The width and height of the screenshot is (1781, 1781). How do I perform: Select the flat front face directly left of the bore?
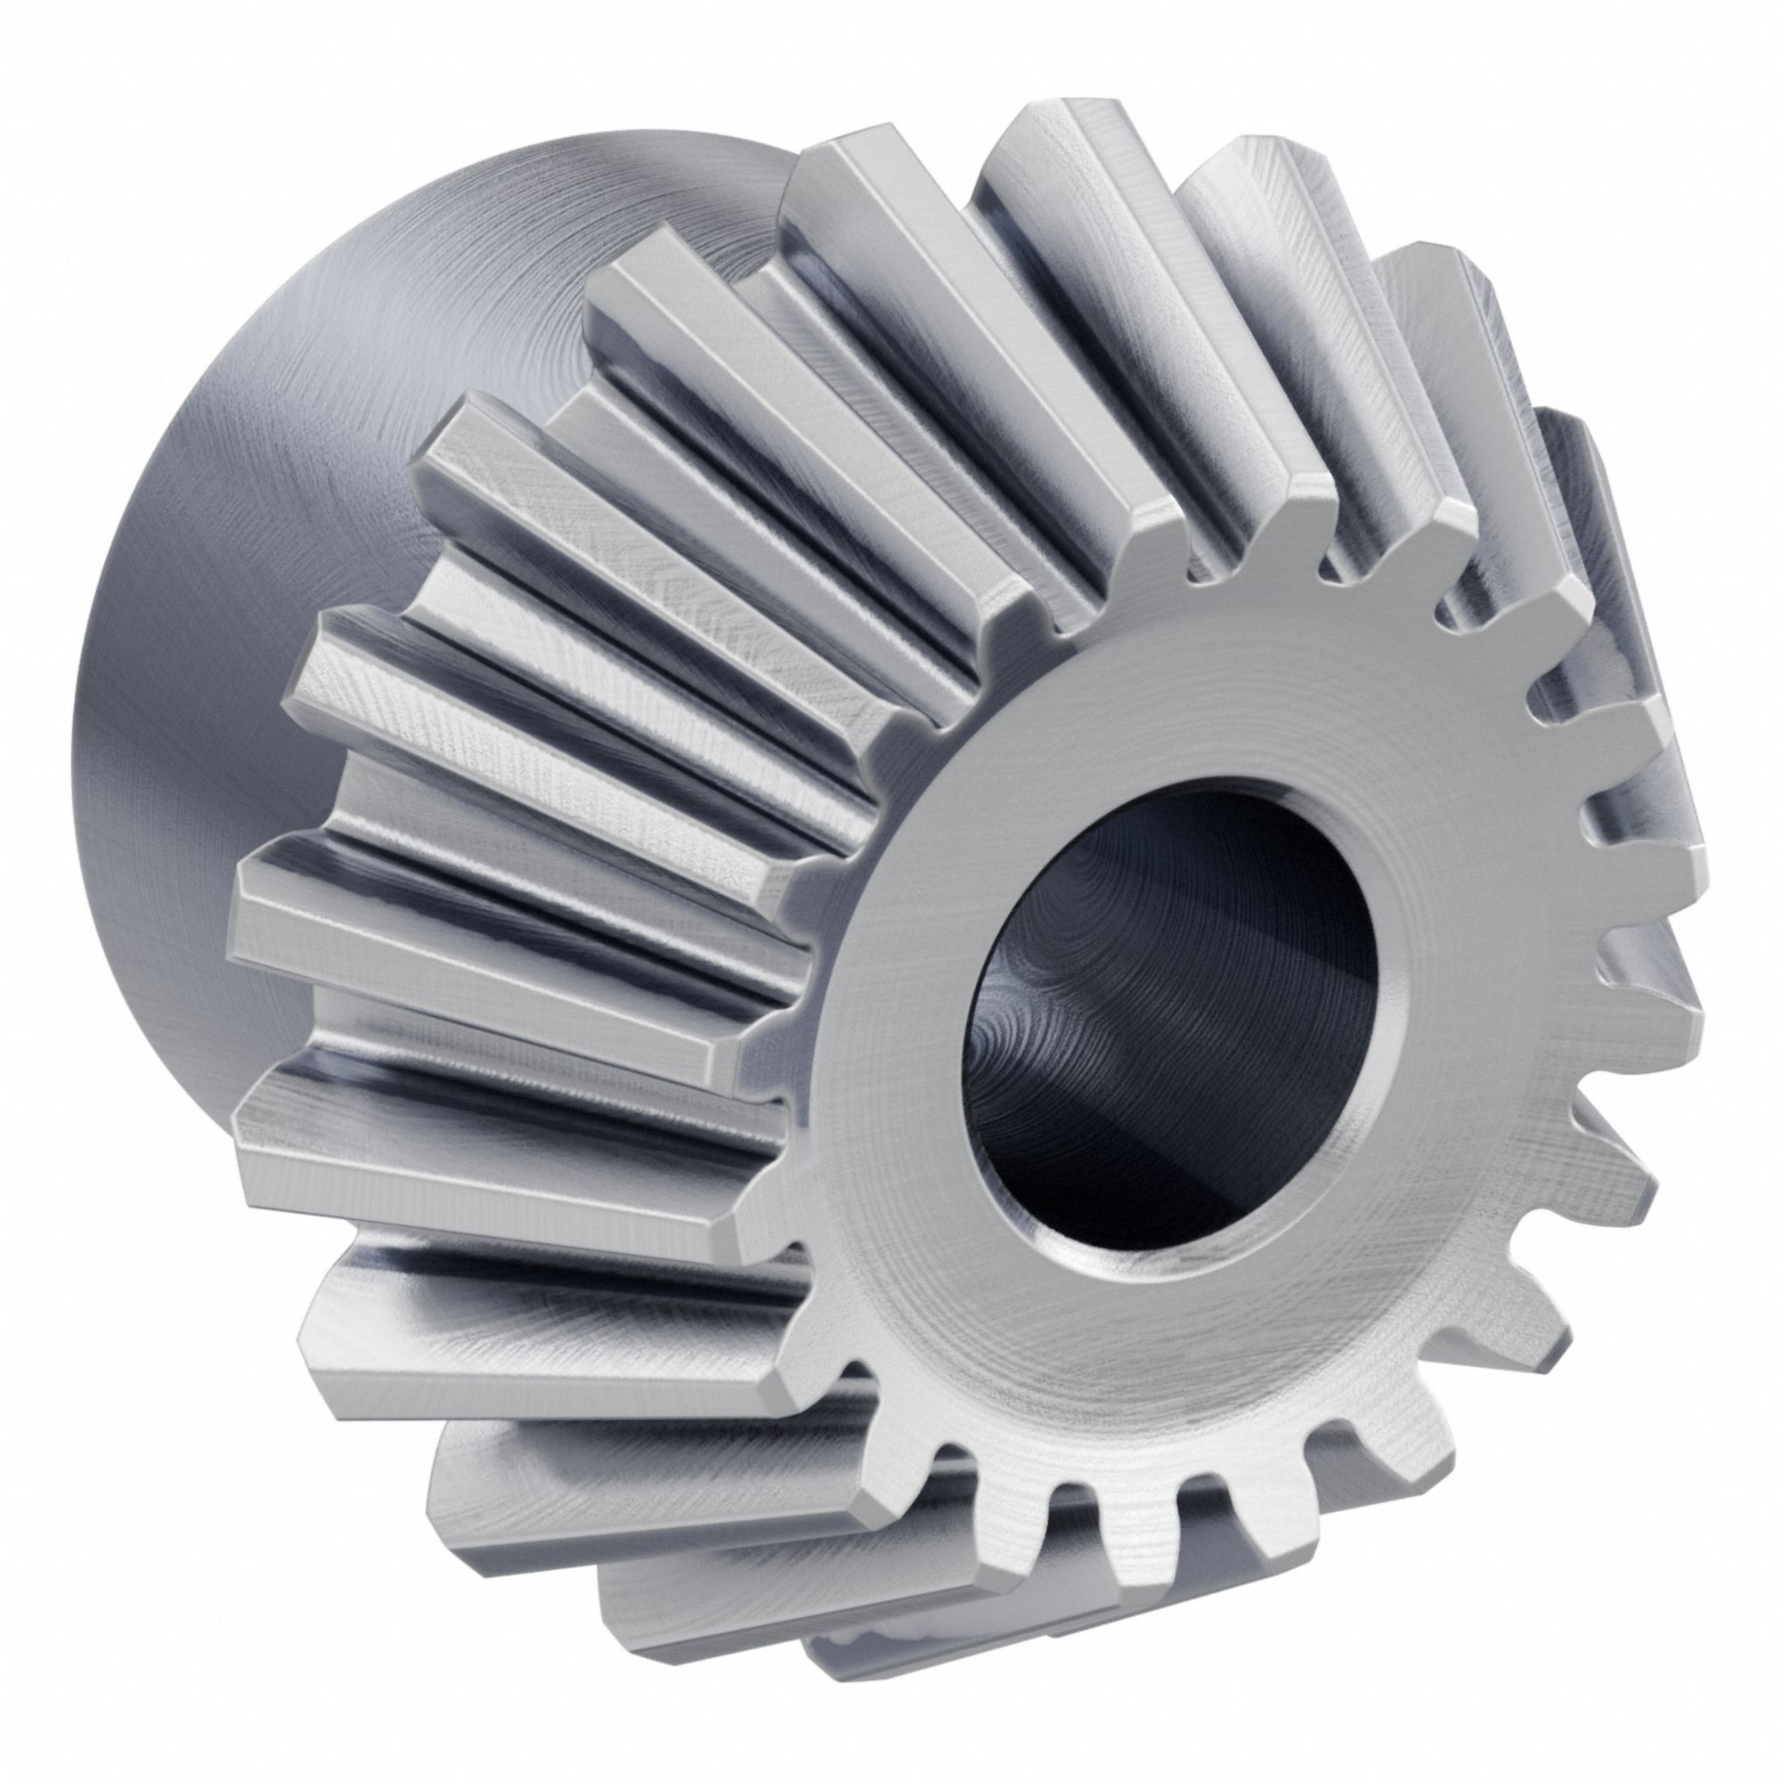point(885,996)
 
